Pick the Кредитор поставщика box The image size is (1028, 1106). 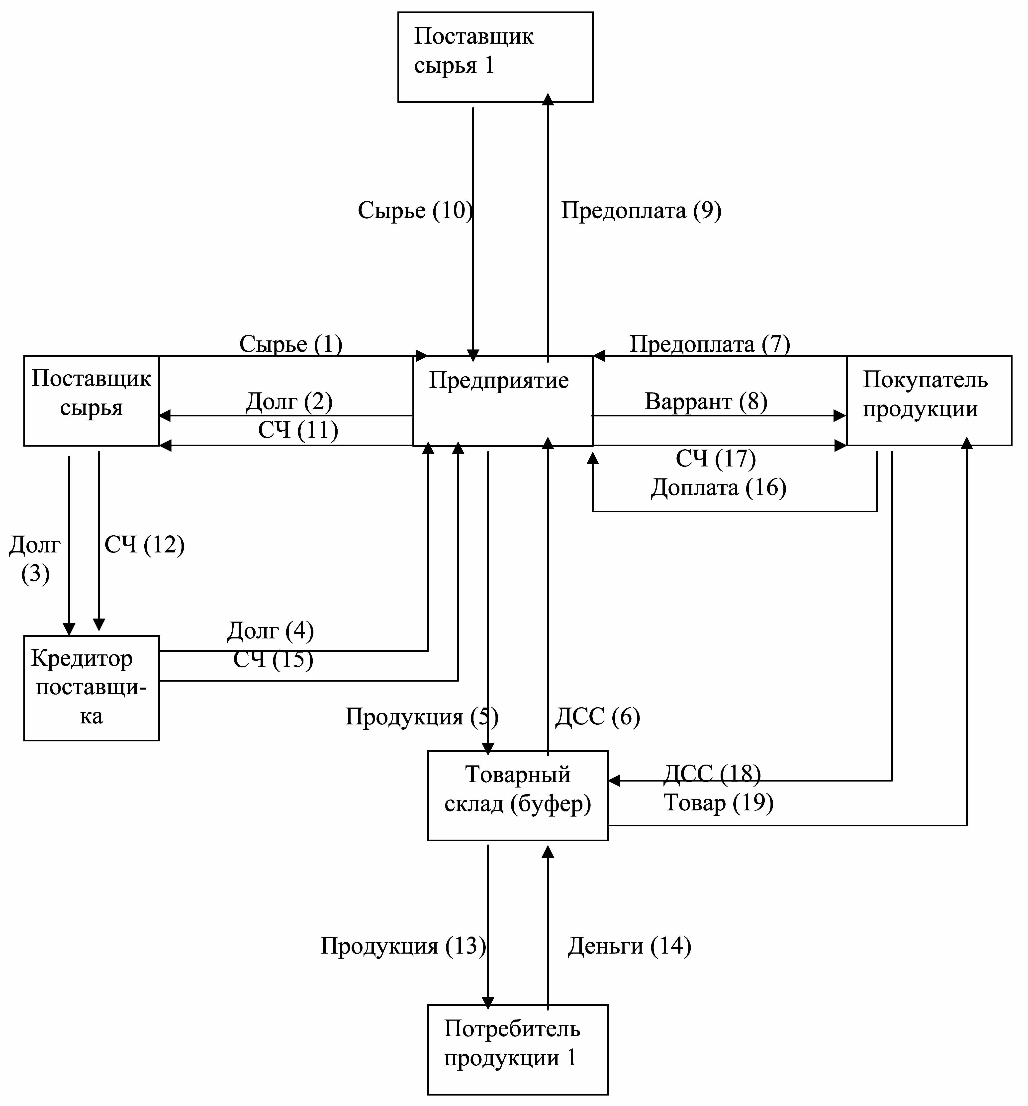[x=91, y=688]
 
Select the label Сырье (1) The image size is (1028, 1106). [x=290, y=344]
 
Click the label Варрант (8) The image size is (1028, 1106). [x=705, y=401]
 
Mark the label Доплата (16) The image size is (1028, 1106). [x=718, y=488]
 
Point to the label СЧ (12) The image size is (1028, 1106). [x=144, y=545]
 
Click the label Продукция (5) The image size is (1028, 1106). [x=422, y=717]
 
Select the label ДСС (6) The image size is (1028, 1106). [x=597, y=717]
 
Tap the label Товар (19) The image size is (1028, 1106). [x=718, y=802]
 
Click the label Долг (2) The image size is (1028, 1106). [x=289, y=401]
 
